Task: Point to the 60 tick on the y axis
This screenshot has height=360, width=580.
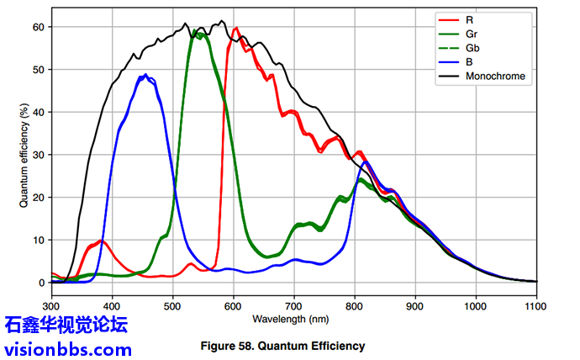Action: pyautogui.click(x=36, y=27)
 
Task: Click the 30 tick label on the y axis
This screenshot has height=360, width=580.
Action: pyautogui.click(x=36, y=155)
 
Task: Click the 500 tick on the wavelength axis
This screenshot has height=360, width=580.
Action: pyautogui.click(x=173, y=306)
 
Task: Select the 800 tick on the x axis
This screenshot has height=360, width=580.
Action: pyautogui.click(x=355, y=306)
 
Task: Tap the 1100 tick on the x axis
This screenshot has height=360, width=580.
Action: pyautogui.click(x=536, y=306)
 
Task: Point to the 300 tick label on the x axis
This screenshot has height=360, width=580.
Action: pyautogui.click(x=52, y=306)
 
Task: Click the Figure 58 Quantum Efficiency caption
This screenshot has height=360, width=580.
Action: pyautogui.click(x=282, y=345)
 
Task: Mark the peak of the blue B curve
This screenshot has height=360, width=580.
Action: pyautogui.click(x=145, y=75)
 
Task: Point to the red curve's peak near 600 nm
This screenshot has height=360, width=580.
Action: pyautogui.click(x=236, y=28)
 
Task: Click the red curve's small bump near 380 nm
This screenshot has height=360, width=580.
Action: pyautogui.click(x=100, y=241)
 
